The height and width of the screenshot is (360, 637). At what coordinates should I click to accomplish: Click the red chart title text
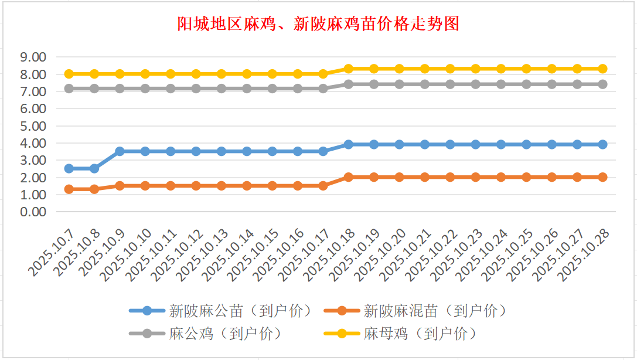[318, 24]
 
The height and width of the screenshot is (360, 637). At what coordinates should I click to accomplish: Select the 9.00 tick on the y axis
[33, 57]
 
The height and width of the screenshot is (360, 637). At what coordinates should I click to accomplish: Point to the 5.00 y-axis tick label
[33, 126]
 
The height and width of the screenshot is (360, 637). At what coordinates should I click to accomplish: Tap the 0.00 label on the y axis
[33, 212]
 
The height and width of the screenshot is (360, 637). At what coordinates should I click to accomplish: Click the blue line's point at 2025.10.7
[69, 168]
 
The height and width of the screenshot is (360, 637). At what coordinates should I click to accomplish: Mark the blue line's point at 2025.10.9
[120, 151]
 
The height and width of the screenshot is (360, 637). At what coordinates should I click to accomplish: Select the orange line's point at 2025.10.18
[349, 177]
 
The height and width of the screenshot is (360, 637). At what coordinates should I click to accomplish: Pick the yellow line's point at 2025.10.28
[602, 69]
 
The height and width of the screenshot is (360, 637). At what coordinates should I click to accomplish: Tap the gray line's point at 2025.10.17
[323, 89]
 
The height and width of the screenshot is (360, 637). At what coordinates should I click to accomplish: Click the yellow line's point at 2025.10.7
[69, 74]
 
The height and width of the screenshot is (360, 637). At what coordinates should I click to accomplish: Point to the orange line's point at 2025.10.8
[94, 189]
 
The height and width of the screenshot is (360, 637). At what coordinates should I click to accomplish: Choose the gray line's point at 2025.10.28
[602, 84]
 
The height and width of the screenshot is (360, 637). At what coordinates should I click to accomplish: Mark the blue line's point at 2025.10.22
[450, 144]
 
